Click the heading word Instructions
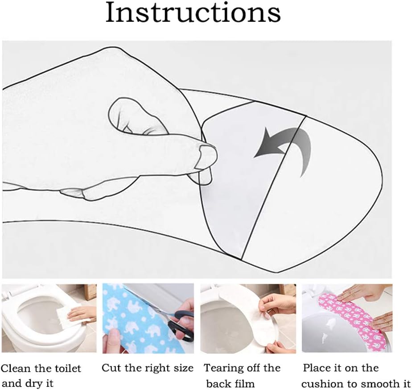tap(193, 12)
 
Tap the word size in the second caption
tap(183, 368)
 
